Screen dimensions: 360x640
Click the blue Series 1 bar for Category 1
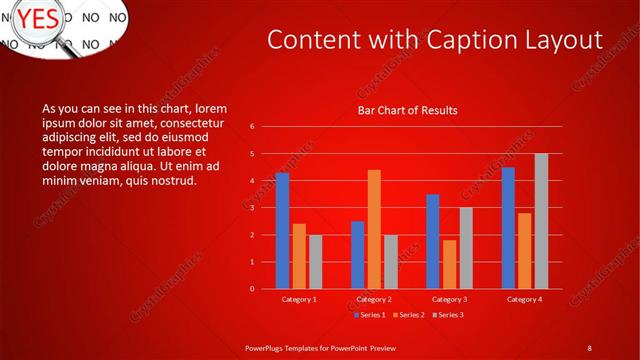tap(282, 230)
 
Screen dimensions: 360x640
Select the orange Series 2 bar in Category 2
tap(374, 229)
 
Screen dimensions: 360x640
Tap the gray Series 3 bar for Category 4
tap(541, 221)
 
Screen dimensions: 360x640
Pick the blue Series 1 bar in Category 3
tap(433, 241)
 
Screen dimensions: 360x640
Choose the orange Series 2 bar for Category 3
tap(449, 264)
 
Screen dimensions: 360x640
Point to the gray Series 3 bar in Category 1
tap(315, 262)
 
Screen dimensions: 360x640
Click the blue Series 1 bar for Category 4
tap(508, 228)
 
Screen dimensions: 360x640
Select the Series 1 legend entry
tap(371, 315)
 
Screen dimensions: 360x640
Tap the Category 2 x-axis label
tap(374, 299)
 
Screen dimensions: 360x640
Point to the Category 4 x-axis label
tap(524, 299)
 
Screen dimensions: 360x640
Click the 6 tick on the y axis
tap(252, 127)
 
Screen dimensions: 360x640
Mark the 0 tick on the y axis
tap(252, 289)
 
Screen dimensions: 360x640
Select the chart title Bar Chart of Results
tap(407, 110)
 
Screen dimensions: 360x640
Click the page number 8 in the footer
tap(590, 347)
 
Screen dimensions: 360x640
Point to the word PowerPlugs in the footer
tap(269, 347)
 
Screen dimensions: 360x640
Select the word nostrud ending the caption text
tap(174, 181)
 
